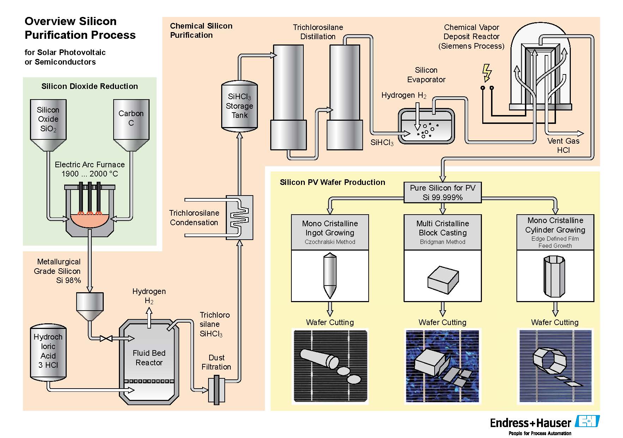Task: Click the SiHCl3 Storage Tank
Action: coord(239,106)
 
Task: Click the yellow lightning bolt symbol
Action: coord(487,73)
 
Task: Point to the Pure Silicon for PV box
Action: coord(442,192)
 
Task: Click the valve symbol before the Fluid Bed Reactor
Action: coord(106,338)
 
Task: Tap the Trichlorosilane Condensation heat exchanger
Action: coord(240,217)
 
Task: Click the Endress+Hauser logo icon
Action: coord(587,421)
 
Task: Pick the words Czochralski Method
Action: coord(330,242)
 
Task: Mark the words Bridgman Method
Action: coord(442,242)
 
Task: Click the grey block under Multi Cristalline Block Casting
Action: coord(443,280)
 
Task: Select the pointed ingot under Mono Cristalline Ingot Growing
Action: coord(330,275)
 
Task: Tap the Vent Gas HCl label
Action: coord(563,145)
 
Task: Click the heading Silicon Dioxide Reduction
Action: coord(90,86)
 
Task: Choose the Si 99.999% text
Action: coord(442,198)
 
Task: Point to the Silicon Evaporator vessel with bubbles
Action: coord(426,126)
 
